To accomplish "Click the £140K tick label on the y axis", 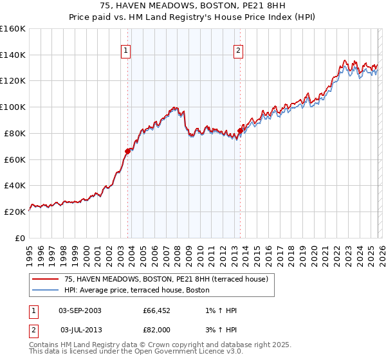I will (13, 55).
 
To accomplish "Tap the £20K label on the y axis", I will (15, 212).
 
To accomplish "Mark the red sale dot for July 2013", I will (240, 130).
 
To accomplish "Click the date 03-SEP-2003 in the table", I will (80, 310).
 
